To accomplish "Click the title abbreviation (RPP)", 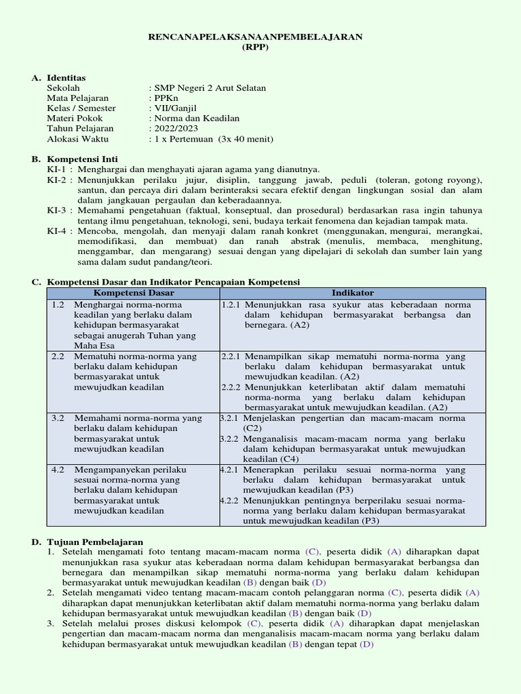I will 255,47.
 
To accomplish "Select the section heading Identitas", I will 67,79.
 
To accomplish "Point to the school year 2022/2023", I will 175,128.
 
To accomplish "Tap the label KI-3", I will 56,209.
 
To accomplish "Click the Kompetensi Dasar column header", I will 134,293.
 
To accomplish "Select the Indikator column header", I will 352,293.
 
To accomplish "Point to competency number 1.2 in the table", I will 58,305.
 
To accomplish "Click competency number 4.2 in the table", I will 58,469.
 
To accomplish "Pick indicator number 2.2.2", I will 231,388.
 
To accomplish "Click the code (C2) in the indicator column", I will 252,428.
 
